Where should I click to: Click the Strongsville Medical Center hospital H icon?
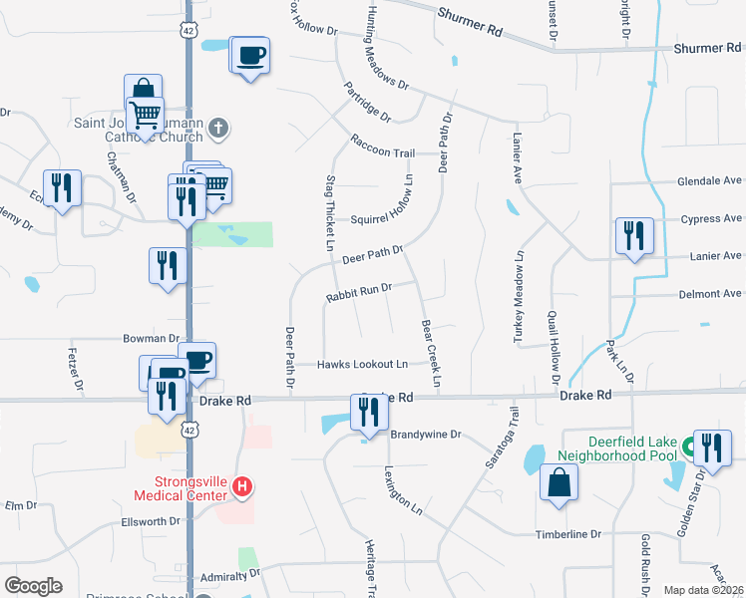[x=240, y=487]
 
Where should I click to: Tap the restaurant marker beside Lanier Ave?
[x=634, y=236]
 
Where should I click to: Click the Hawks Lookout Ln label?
[x=363, y=365]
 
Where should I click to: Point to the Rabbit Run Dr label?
[x=357, y=291]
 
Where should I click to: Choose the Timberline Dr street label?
[x=568, y=534]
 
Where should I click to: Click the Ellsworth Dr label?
[x=150, y=520]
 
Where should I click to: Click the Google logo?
[x=33, y=585]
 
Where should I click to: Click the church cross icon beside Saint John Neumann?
[x=219, y=128]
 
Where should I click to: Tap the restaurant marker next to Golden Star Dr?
[x=712, y=448]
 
